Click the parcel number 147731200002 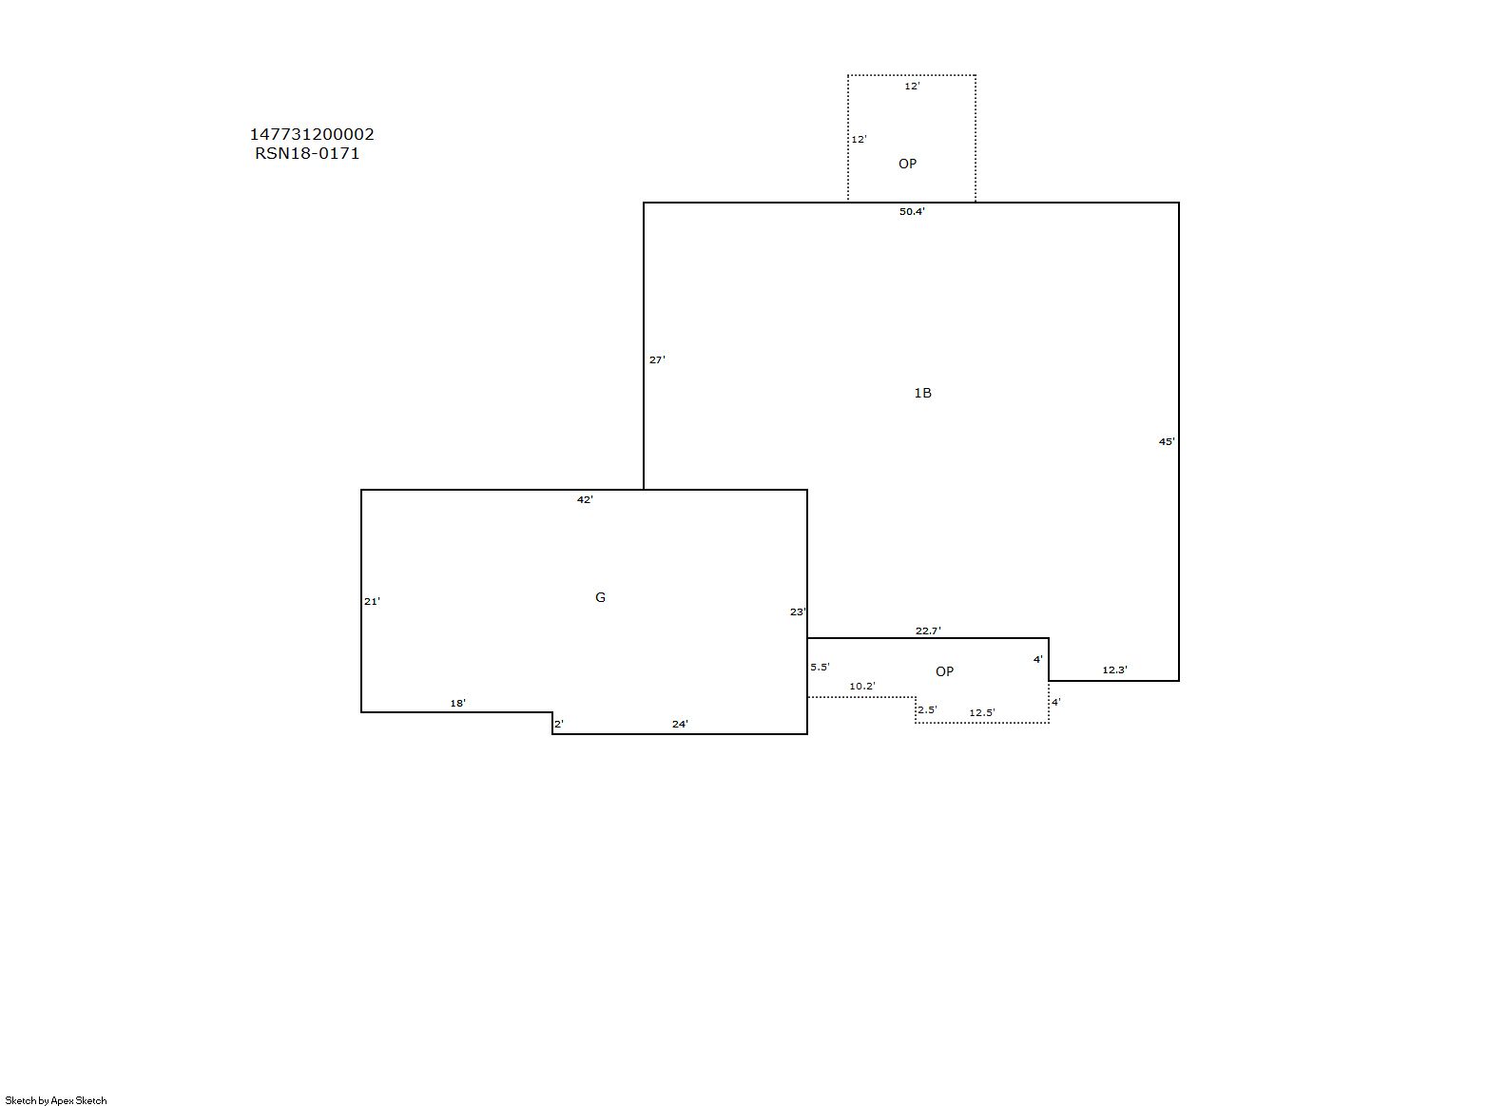(312, 134)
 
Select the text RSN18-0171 (307, 153)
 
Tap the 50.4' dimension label (912, 211)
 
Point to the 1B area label (923, 393)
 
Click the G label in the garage (601, 597)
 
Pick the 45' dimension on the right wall (1167, 442)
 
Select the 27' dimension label (657, 359)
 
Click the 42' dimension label (586, 500)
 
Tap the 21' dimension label (372, 601)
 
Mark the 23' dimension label (798, 612)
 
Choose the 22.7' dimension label (928, 631)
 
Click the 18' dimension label (458, 704)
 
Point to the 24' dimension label (680, 725)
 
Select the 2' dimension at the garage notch (559, 725)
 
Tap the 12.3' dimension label (1114, 670)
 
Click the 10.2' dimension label (862, 687)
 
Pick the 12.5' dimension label (982, 713)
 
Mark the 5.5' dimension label (821, 668)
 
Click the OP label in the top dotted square (908, 164)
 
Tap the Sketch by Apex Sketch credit (56, 1100)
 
